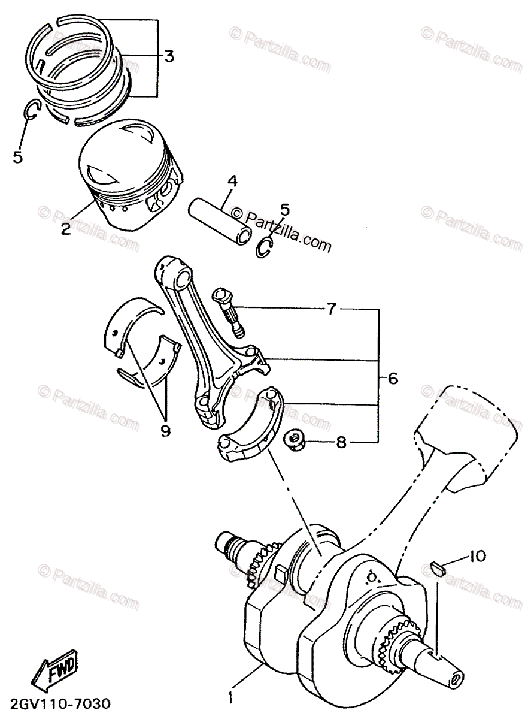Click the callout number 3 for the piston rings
[169, 57]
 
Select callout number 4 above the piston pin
[232, 181]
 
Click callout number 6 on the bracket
[393, 379]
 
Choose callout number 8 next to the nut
[341, 443]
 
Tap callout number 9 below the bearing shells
[165, 430]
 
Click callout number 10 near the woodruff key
[477, 557]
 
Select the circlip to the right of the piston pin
[263, 246]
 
